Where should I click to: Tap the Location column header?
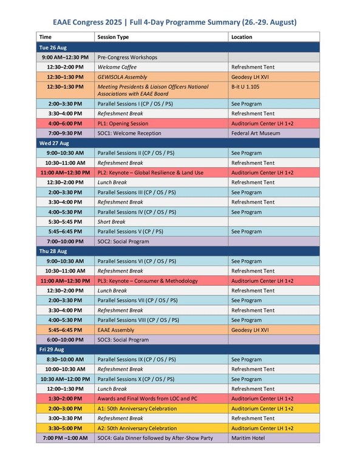click(242, 37)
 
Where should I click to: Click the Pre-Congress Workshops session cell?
click(127, 57)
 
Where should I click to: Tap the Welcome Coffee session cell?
click(117, 67)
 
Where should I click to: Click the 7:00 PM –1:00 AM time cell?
click(64, 438)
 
